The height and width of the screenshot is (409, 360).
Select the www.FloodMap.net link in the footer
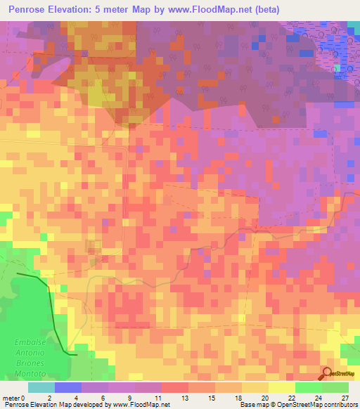pyautogui.click(x=141, y=404)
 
